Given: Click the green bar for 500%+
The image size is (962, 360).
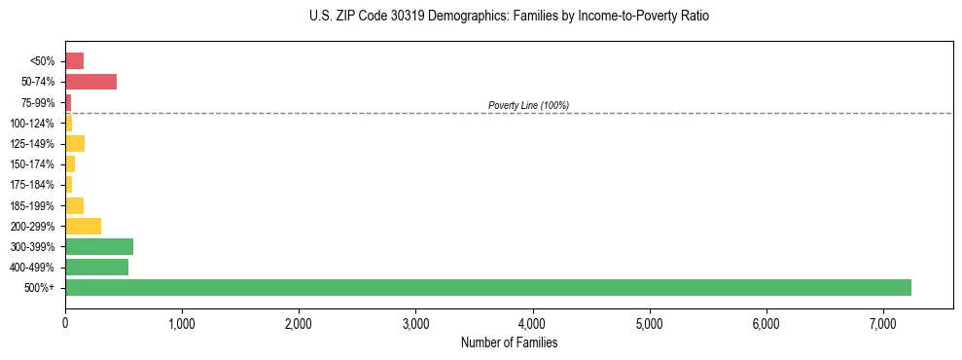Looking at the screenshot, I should coord(487,287).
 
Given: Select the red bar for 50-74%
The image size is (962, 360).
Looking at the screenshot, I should coord(90,82).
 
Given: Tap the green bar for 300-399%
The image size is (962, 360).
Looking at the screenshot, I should coord(99,246).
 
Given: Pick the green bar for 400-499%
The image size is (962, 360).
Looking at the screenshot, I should coord(96,267).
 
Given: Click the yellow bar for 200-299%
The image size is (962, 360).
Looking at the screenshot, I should coord(83,226).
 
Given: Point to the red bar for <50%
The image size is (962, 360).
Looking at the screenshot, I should coord(74,61).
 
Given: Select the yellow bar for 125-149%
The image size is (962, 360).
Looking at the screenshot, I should coord(75,144).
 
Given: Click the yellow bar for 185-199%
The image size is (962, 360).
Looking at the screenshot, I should coord(74,205).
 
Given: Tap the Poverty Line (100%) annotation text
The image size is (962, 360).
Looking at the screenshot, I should coord(528,105).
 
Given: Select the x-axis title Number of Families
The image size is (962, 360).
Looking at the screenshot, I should coord(509,342).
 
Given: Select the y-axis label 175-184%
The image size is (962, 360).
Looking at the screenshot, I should coord(34,185).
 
